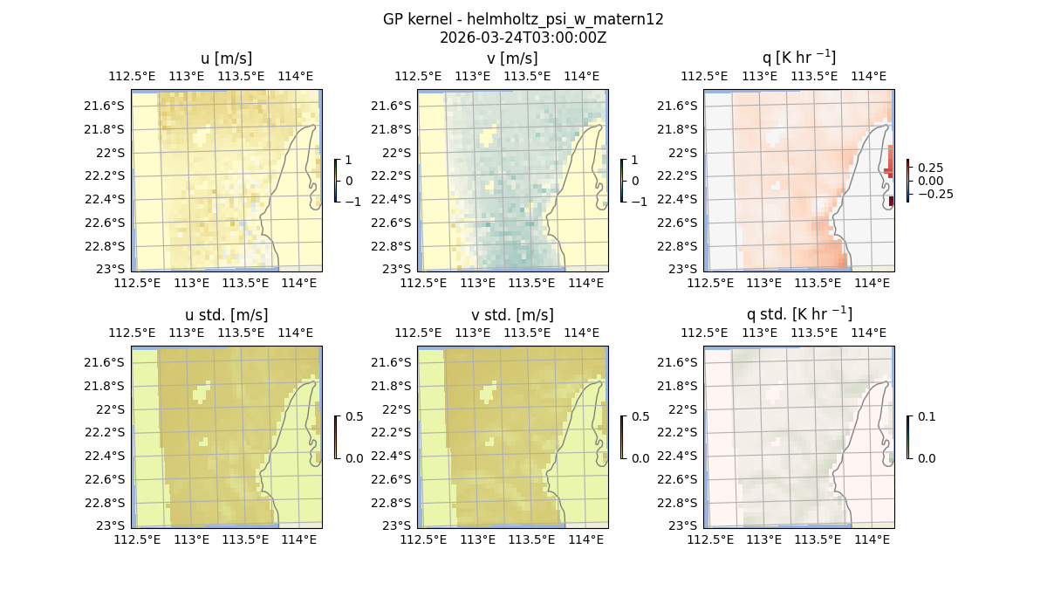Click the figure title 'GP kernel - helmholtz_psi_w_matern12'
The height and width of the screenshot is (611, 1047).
tap(523, 19)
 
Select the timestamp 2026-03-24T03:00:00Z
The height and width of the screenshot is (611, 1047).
tap(523, 38)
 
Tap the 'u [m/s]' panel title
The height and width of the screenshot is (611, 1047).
tap(226, 58)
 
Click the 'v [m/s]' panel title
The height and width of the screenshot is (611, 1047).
tap(512, 58)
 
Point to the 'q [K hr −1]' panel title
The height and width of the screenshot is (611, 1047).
tap(798, 58)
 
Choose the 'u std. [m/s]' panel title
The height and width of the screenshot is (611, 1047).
tap(226, 315)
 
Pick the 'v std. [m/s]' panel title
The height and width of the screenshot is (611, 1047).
tap(512, 315)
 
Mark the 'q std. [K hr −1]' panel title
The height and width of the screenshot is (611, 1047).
tap(798, 314)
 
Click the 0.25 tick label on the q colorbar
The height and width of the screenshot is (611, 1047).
tap(929, 168)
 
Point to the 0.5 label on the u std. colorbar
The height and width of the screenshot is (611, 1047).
tap(354, 417)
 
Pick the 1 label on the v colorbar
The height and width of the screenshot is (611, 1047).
tap(635, 161)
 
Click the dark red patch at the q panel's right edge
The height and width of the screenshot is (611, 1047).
tap(891, 202)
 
